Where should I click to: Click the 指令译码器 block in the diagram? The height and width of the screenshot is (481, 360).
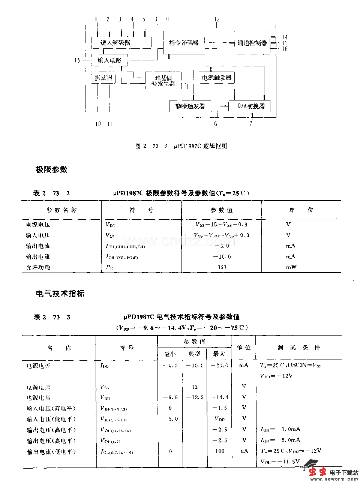(184, 43)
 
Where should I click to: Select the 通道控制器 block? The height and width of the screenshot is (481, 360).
(252, 43)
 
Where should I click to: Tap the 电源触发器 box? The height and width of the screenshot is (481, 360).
(217, 78)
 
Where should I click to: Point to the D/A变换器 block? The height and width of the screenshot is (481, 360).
(249, 106)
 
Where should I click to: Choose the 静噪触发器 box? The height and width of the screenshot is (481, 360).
(190, 106)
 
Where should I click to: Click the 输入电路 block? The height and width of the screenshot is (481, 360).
(109, 60)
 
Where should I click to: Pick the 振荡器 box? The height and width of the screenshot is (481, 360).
(103, 78)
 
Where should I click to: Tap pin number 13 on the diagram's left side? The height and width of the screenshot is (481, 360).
(77, 60)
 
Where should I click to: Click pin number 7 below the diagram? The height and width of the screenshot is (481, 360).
(251, 124)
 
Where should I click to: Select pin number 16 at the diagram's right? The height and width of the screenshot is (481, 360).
(285, 49)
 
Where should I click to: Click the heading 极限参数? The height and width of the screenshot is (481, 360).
(51, 169)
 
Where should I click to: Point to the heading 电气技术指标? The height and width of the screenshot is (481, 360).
(60, 294)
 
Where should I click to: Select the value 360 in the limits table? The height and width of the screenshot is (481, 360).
(222, 267)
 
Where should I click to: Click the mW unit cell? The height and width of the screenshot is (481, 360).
(291, 267)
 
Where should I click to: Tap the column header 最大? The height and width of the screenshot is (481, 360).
(219, 354)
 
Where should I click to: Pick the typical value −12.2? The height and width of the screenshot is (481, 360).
(195, 397)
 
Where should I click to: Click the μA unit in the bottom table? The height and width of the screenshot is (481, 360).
(244, 451)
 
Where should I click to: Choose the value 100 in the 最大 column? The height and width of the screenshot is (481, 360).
(220, 451)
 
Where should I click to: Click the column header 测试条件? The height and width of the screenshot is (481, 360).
(299, 348)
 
